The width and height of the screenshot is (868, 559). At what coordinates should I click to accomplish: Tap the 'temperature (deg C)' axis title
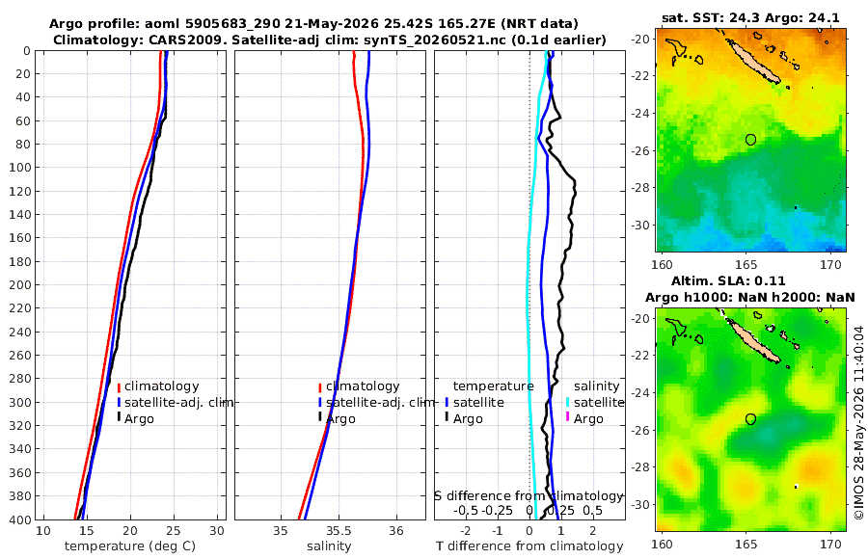pos(130,546)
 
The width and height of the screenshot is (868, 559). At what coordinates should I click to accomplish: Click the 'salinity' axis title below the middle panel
pos(329,546)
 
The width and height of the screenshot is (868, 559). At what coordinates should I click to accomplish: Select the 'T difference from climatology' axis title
pos(529,546)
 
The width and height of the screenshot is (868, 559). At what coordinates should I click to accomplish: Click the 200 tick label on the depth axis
pos(20,284)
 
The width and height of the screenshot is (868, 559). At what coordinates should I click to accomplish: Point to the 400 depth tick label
pos(20,519)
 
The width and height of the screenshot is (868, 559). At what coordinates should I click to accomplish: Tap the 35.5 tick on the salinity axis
pos(339,530)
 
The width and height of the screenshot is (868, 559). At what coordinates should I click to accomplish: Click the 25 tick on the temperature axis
pos(174,530)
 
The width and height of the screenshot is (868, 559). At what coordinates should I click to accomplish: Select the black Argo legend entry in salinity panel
pos(337,418)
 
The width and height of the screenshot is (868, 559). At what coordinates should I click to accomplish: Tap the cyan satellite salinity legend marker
pos(567,402)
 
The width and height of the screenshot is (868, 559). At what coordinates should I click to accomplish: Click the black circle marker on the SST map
pos(750,140)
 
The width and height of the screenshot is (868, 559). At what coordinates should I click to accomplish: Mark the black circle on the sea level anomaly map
pos(750,419)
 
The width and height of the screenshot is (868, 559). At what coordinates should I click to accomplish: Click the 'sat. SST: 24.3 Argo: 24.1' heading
pos(750,17)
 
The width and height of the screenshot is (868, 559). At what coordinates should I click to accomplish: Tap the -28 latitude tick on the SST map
pos(641,188)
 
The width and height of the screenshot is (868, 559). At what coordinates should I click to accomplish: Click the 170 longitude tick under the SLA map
pos(830,544)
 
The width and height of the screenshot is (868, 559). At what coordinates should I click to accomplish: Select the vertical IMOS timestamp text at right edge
pos(859,422)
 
